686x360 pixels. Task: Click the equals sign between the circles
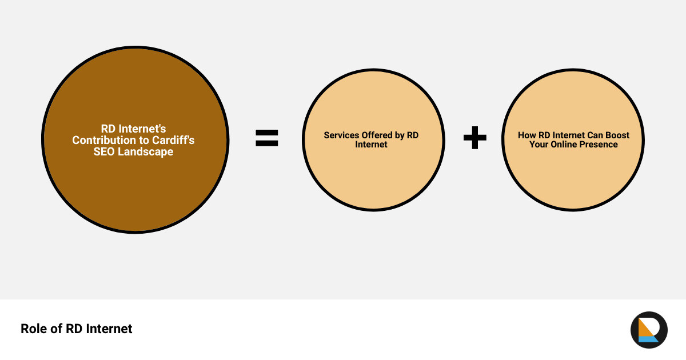[267, 138]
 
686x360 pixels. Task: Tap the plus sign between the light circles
[474, 138]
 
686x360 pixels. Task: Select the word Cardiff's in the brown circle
[173, 140]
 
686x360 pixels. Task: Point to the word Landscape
[145, 152]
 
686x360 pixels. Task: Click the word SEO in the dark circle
[104, 151]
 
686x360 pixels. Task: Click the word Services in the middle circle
[341, 135]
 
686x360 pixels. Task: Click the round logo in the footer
[649, 330]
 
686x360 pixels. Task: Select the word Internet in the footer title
[109, 329]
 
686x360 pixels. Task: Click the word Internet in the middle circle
[371, 144]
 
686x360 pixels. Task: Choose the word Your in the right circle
[539, 144]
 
